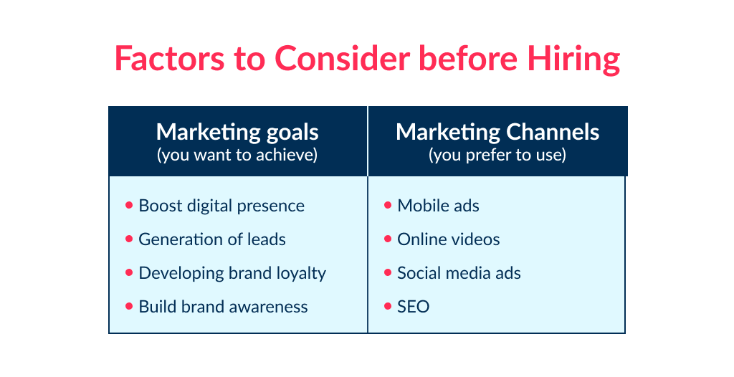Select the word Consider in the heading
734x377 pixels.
333,59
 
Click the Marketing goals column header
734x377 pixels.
237,132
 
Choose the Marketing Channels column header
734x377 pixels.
497,132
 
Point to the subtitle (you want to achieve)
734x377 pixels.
237,155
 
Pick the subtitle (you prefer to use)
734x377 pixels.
497,155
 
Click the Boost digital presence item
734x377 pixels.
221,206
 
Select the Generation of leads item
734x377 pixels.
212,239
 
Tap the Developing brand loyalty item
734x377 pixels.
232,273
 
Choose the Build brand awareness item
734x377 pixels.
223,307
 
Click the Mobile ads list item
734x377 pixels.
438,206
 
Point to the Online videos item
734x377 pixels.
449,239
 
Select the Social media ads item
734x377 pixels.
459,273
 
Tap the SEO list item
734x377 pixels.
414,307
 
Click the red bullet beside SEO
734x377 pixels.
388,306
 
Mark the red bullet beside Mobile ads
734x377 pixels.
388,205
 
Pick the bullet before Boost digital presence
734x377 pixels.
129,205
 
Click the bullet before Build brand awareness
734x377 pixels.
129,306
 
